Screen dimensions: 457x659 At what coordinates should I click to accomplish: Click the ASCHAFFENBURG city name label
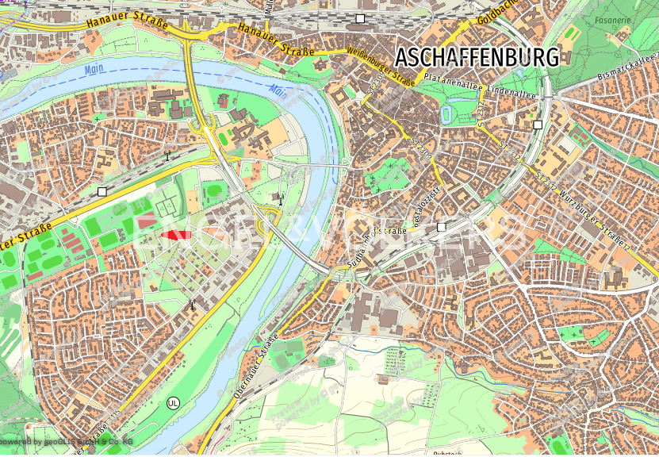tap(477, 57)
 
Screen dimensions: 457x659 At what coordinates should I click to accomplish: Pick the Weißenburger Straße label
tap(381, 67)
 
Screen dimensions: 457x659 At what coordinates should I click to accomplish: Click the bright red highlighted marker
tap(176, 235)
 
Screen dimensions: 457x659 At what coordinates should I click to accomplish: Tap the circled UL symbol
tap(174, 402)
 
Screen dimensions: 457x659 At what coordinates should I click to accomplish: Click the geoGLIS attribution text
tap(67, 440)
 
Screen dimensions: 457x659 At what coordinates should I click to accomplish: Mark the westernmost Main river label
tap(94, 70)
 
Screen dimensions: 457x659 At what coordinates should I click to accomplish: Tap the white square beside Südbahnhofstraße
tap(442, 228)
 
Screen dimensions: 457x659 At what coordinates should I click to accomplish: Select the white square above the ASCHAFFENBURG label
tap(360, 17)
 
